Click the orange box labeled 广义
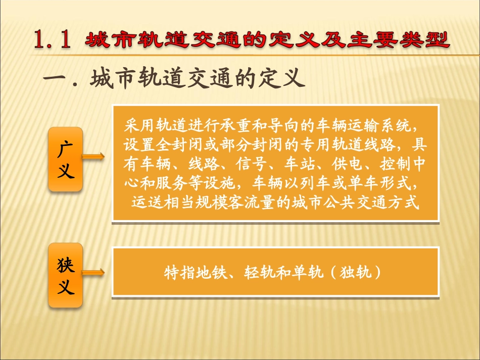coord(65,160)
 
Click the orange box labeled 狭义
coord(65,275)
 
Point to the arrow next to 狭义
coord(93,273)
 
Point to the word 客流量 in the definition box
coord(249,202)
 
